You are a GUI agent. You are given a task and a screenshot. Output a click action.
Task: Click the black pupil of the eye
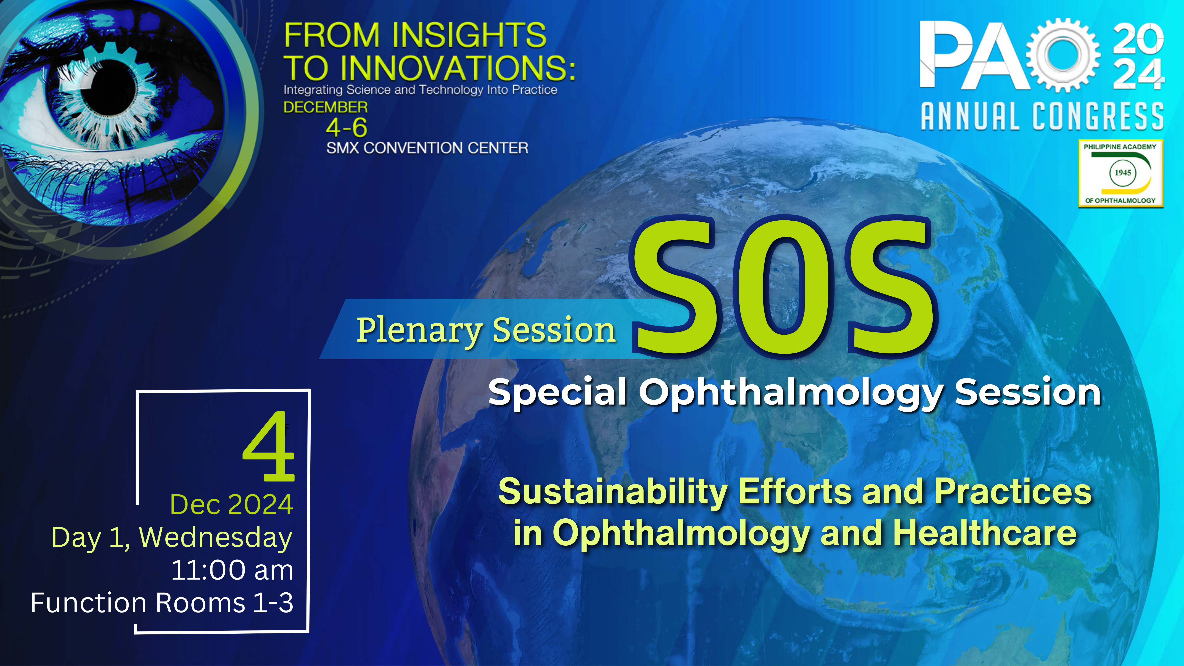(x=109, y=87)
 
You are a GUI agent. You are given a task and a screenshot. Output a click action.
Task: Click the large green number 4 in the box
(x=268, y=446)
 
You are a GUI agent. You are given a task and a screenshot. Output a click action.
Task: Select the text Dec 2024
(x=232, y=505)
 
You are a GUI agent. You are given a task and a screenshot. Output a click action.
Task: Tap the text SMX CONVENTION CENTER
(x=427, y=148)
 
